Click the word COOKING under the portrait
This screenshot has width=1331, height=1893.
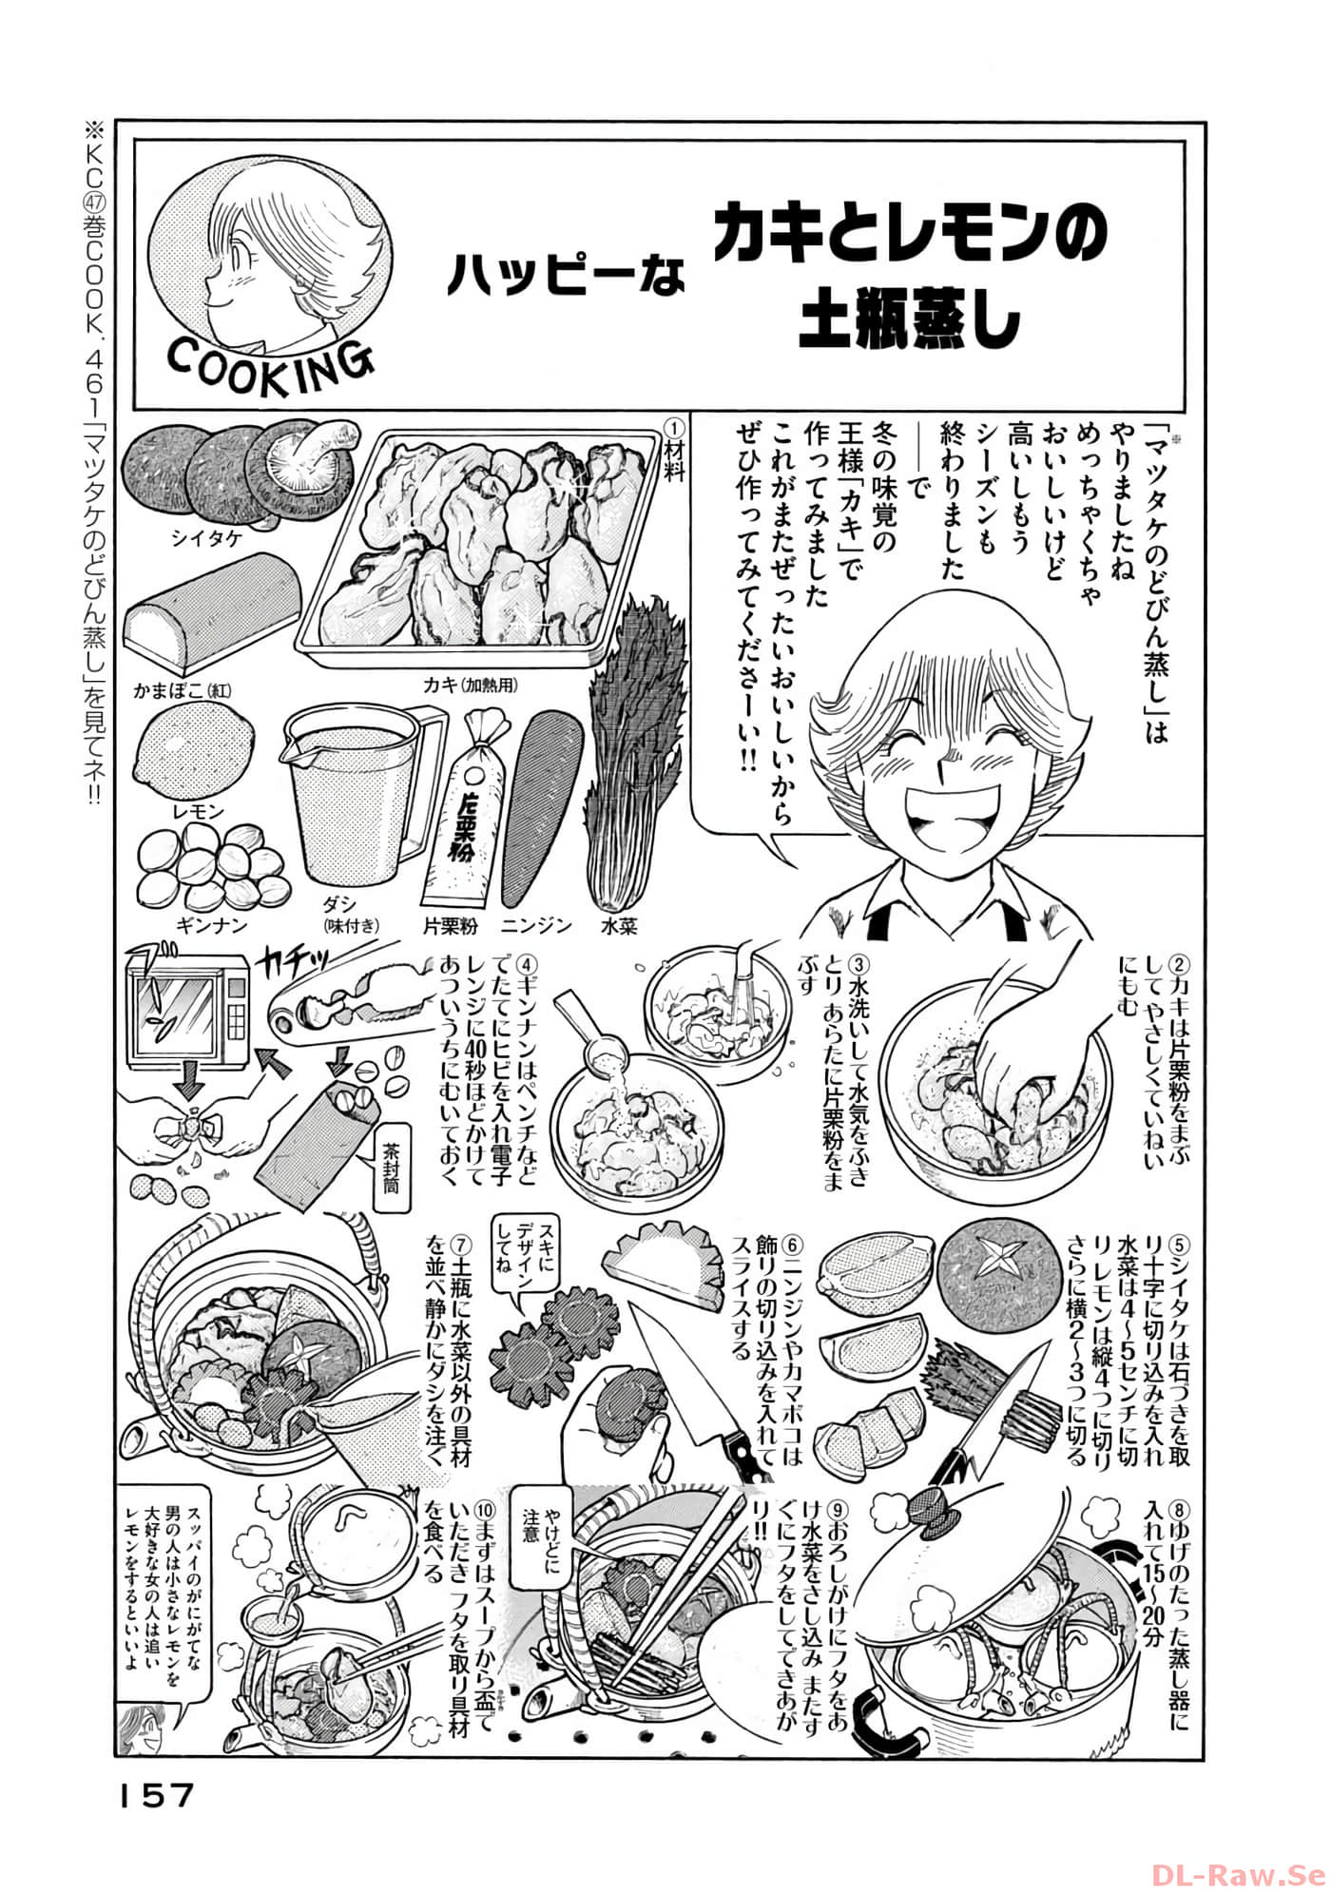270,362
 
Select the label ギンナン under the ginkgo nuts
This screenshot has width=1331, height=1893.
211,925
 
